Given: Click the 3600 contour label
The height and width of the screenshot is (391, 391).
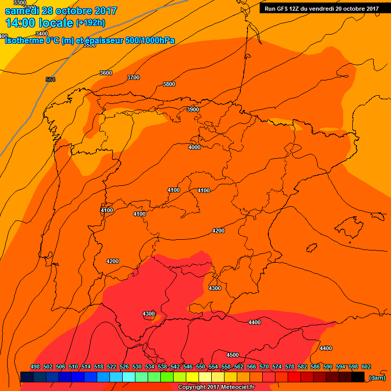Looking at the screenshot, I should (x=106, y=73).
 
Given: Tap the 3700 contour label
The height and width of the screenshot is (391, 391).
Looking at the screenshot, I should (x=133, y=77).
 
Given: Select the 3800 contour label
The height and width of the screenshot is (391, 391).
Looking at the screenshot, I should (x=169, y=84).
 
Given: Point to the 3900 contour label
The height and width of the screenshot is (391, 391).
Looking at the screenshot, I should (x=193, y=109).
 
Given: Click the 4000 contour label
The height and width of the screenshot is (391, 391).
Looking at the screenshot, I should (x=194, y=147).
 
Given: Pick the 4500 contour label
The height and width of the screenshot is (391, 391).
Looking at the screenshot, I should (x=233, y=355).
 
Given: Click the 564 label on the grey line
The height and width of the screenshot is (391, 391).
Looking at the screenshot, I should (x=50, y=79).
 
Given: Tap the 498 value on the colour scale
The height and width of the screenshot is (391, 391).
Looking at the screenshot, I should (x=35, y=367).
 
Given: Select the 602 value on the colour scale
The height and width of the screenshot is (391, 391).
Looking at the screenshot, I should (x=366, y=367).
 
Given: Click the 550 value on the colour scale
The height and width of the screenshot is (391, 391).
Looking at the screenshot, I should (x=201, y=367).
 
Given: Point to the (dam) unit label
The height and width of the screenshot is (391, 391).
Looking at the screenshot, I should (x=377, y=378).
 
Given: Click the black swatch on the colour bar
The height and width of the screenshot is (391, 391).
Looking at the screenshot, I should (x=357, y=377).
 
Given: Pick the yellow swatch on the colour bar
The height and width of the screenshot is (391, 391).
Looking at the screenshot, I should (x=192, y=377).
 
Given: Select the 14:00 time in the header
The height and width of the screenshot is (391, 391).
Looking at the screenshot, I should (x=20, y=23).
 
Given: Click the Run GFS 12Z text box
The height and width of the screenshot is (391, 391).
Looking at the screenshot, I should (x=321, y=8).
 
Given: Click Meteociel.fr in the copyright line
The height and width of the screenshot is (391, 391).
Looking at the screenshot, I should (x=241, y=387).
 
